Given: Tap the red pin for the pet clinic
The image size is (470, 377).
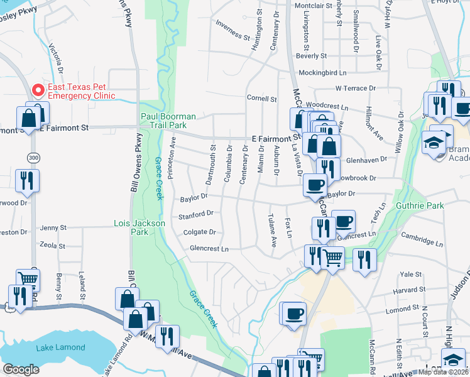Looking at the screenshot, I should (x=38, y=91).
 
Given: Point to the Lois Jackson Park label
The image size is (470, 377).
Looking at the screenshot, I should (x=139, y=227).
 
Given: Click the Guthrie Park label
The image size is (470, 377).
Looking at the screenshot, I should (x=420, y=205).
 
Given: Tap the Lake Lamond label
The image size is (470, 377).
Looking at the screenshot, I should (x=60, y=347).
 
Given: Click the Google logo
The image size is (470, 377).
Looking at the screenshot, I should (x=21, y=369).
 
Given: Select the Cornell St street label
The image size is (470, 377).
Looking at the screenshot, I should (x=261, y=99).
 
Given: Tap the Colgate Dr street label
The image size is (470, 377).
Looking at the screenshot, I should (x=199, y=232).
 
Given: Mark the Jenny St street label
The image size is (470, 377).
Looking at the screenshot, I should (x=53, y=227).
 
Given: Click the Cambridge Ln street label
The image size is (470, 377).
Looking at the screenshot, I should (x=421, y=241).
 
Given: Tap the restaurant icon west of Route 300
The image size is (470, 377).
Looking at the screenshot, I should (x=27, y=181).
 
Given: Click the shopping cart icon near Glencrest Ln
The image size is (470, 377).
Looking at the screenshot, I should (x=332, y=256).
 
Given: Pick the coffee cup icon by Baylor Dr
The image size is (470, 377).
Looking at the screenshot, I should (x=315, y=185).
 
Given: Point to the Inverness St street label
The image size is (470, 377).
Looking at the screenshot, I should (x=232, y=29).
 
